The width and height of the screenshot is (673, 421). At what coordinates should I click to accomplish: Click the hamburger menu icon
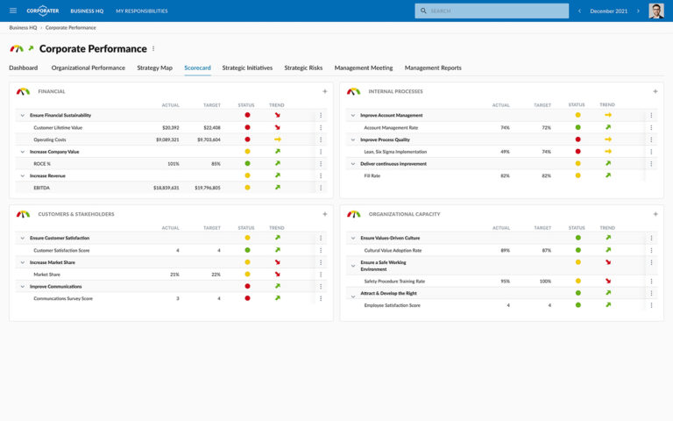(12, 11)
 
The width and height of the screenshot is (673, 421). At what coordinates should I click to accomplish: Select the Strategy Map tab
(154, 68)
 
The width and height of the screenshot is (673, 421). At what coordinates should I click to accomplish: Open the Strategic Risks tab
(303, 68)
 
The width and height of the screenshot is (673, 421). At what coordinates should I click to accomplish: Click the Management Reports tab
(432, 68)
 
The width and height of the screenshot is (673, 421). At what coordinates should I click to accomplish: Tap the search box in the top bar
(491, 11)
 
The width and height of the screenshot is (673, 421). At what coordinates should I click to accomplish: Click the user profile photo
(655, 11)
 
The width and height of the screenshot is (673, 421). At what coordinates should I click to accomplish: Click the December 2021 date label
(608, 11)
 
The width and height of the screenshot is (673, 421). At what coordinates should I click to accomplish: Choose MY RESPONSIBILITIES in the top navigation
(141, 11)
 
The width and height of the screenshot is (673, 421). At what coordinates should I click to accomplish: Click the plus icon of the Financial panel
(324, 91)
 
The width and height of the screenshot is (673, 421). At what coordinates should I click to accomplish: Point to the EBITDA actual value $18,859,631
(166, 188)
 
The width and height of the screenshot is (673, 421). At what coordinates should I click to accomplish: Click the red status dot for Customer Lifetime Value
(247, 127)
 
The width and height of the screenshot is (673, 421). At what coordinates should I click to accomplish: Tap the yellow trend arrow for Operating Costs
(277, 139)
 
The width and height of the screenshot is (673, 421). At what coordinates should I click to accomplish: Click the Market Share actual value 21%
(174, 275)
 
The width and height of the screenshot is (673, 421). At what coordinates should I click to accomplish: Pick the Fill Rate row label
(372, 175)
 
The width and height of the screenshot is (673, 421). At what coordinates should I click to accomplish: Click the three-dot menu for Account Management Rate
(651, 127)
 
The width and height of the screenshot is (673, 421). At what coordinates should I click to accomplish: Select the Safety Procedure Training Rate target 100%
(545, 282)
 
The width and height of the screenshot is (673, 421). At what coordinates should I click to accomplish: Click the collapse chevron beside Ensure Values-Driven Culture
(351, 238)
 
